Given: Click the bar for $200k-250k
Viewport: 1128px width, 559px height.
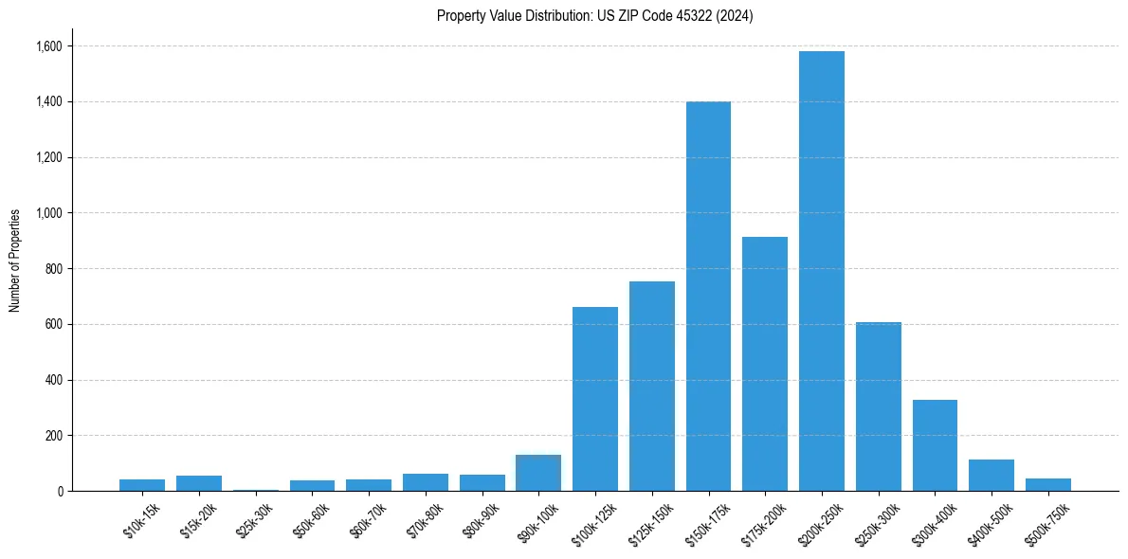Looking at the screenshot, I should pyautogui.click(x=821, y=271).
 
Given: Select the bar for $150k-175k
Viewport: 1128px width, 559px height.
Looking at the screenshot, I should pyautogui.click(x=708, y=296).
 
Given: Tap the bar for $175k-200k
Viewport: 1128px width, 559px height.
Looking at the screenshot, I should pyautogui.click(x=765, y=364).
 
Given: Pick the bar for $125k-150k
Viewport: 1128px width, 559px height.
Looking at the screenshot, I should pyautogui.click(x=651, y=386).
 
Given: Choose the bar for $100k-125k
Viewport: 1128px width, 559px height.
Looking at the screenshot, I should pyautogui.click(x=595, y=399).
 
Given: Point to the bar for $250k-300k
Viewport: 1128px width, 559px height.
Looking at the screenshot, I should pyautogui.click(x=878, y=406).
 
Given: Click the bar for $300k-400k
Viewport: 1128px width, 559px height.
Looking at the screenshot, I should pyautogui.click(x=935, y=445).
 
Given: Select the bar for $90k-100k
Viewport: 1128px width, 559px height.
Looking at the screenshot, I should pyautogui.click(x=538, y=473).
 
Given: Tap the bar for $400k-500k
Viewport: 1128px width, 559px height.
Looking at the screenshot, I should pyautogui.click(x=992, y=476).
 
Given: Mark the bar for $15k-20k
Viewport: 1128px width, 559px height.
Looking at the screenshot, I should pyautogui.click(x=199, y=483).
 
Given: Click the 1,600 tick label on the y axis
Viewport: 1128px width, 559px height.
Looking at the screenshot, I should pyautogui.click(x=49, y=46).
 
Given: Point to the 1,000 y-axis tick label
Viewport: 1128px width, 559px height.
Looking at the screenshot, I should pyautogui.click(x=49, y=213).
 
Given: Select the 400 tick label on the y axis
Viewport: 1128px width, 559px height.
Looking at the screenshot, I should pyautogui.click(x=54, y=380).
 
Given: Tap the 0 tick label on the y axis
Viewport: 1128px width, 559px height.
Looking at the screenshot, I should pyautogui.click(x=60, y=492).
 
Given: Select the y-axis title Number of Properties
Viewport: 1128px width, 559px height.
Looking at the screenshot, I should pyautogui.click(x=15, y=261).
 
